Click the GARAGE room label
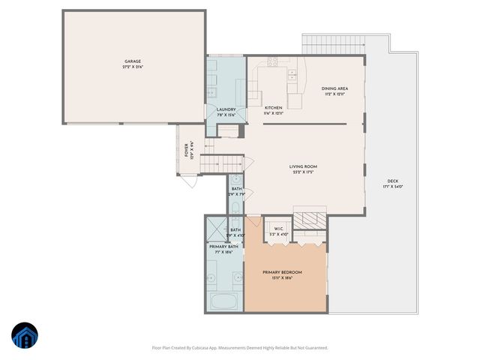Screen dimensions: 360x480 click(x=133, y=61)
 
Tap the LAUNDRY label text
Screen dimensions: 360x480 click(x=226, y=109)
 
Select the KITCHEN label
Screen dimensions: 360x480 click(x=273, y=108)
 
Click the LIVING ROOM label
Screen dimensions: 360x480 click(x=304, y=166)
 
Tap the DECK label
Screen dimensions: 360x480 click(x=392, y=181)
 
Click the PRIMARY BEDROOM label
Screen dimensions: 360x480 click(x=282, y=272)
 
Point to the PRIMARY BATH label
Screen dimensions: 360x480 click(x=223, y=247)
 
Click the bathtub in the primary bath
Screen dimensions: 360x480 click(x=224, y=302)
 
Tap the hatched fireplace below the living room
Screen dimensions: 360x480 click(x=308, y=219)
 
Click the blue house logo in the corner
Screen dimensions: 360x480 click(x=25, y=336)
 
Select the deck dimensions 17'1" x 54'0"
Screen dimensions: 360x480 click(x=392, y=187)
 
